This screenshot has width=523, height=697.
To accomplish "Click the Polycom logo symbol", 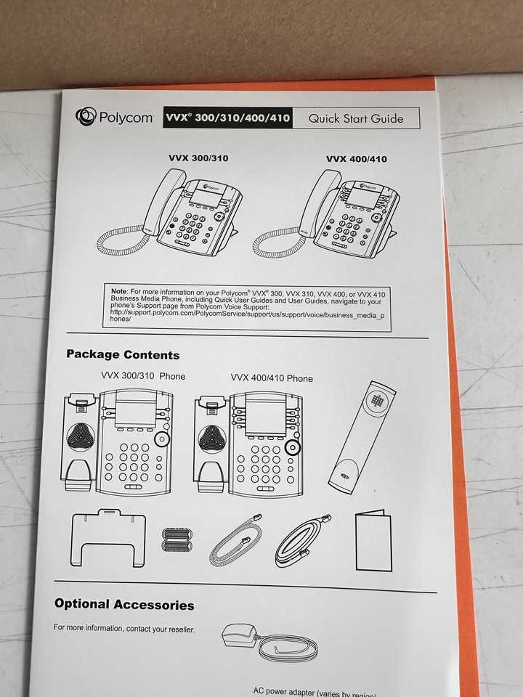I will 86,117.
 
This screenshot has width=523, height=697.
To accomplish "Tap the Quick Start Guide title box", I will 356,118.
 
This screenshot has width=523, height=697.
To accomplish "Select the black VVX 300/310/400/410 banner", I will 227,118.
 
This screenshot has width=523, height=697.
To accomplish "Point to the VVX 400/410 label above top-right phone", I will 356,159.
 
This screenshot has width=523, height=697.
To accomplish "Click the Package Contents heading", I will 123,355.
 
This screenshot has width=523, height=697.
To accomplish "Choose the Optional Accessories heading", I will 124,604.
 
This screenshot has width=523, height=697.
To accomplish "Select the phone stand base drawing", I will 108,537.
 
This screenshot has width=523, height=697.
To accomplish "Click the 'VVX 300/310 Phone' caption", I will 143,375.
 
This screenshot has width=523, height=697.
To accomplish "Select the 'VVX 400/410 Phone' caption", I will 272,378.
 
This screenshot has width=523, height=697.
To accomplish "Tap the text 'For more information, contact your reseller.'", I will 124,628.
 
